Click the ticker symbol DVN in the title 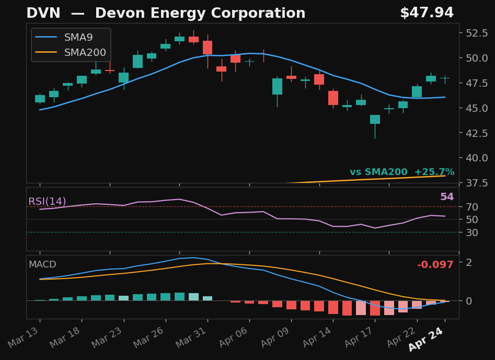pyautogui.click(x=40, y=14)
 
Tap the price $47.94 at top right pyautogui.click(x=427, y=14)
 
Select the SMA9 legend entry pyautogui.click(x=78, y=38)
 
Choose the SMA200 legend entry pyautogui.click(x=85, y=53)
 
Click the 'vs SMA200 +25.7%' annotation pyautogui.click(x=401, y=172)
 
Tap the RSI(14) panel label pyautogui.click(x=47, y=202)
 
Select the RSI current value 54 pyautogui.click(x=447, y=197)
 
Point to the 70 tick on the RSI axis pyautogui.click(x=472, y=207)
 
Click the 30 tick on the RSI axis pyautogui.click(x=472, y=233)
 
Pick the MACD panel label pyautogui.click(x=42, y=265)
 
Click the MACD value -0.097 pyautogui.click(x=435, y=265)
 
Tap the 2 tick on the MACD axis pyautogui.click(x=469, y=262)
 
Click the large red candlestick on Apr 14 pyautogui.click(x=333, y=98)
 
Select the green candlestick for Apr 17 pyautogui.click(x=375, y=119)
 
